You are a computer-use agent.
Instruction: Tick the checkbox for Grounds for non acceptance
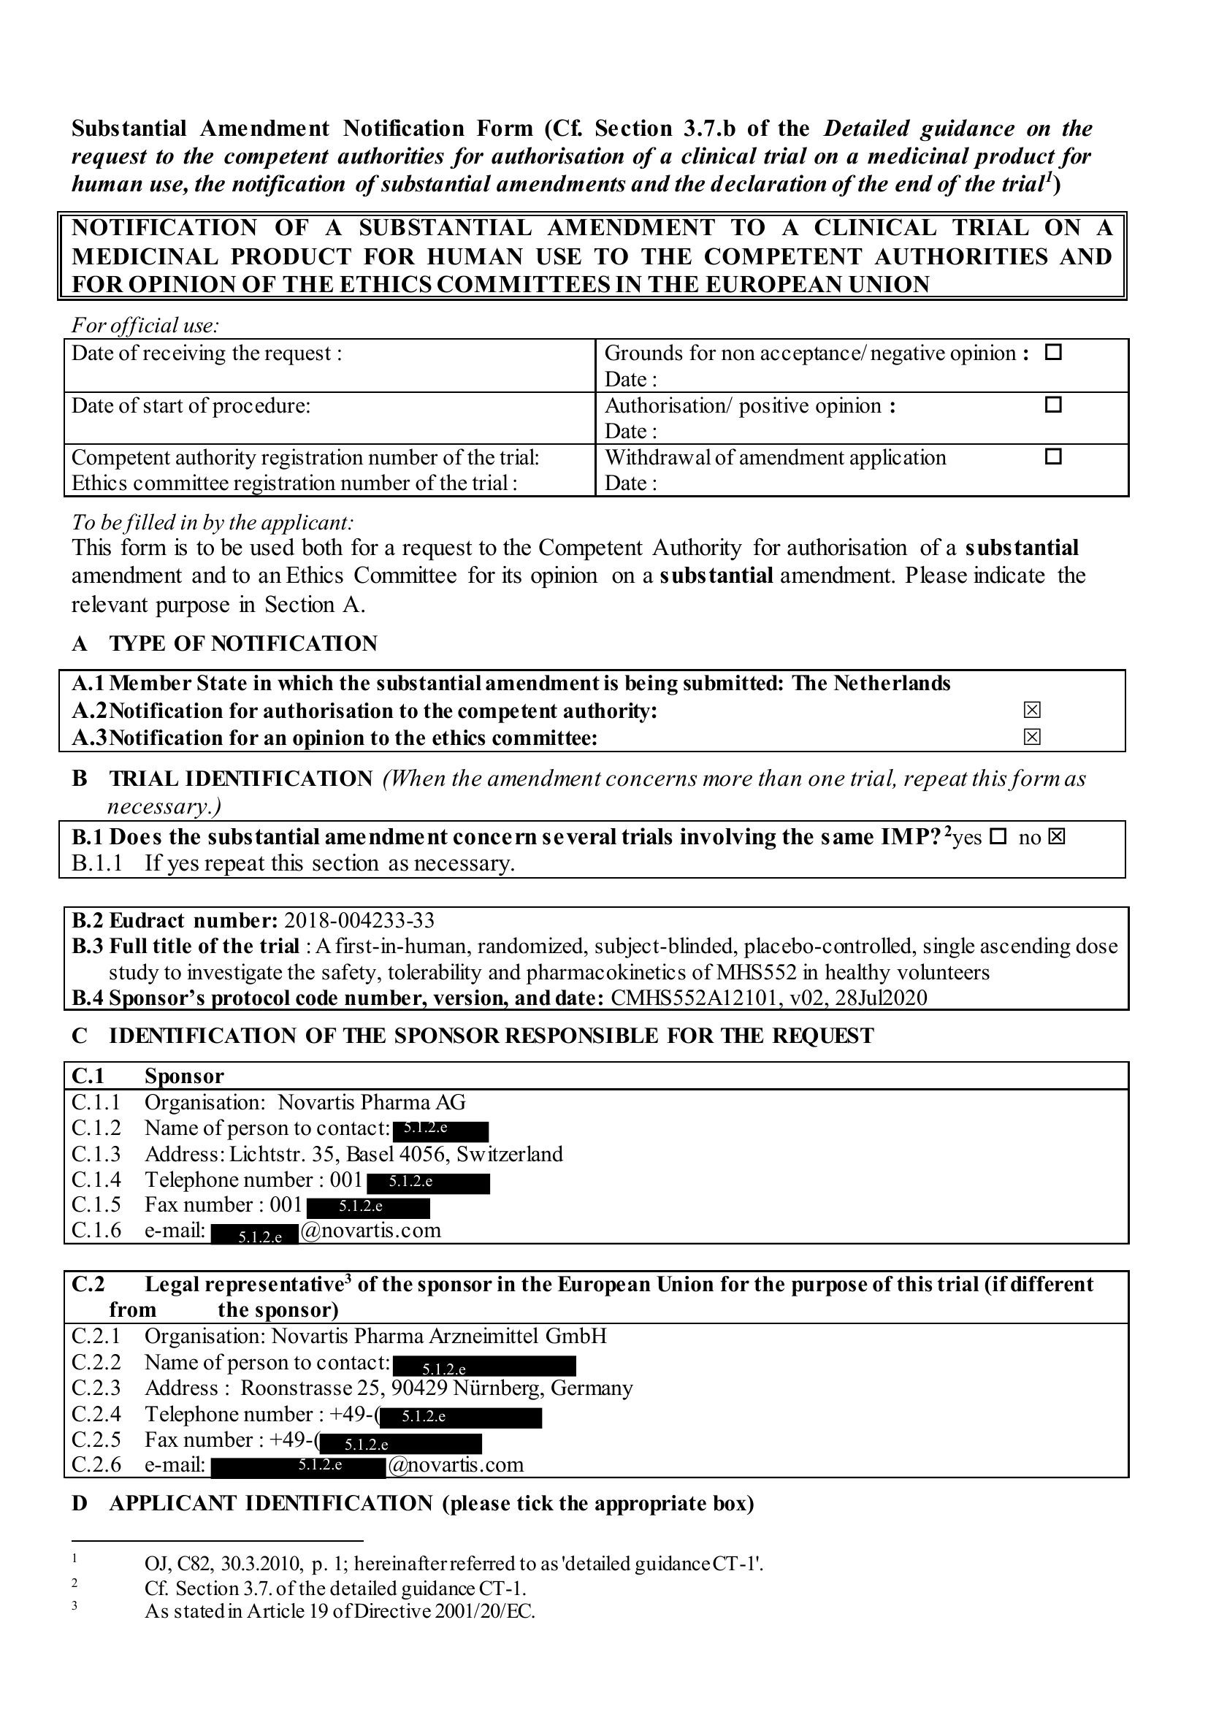(1052, 353)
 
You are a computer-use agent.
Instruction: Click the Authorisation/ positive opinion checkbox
(1052, 405)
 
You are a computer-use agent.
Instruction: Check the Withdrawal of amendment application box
(1052, 456)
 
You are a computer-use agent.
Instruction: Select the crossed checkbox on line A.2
(1031, 710)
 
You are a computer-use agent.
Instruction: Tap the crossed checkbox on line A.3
(1031, 737)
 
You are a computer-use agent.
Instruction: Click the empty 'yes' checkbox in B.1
(998, 838)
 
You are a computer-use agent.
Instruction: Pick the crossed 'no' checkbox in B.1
(1056, 838)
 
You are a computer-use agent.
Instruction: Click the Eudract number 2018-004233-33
(359, 921)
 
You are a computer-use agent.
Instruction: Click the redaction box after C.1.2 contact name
(440, 1131)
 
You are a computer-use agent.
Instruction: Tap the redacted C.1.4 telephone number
(428, 1182)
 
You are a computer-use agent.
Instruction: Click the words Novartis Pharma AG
(372, 1102)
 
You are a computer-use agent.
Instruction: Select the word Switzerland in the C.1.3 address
(510, 1155)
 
